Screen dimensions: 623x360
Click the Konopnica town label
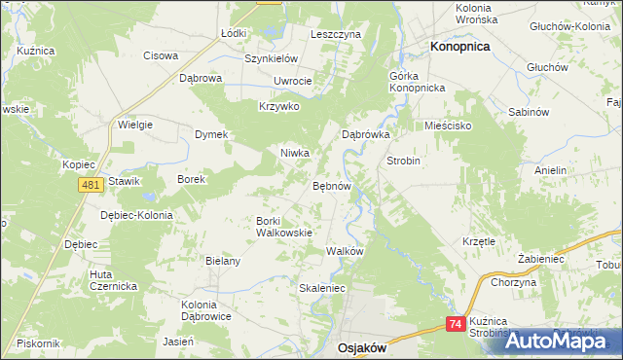[460, 46]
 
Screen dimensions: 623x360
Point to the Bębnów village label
[331, 185]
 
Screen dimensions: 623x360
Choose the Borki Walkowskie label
[283, 227]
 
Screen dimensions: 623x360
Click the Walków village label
[345, 251]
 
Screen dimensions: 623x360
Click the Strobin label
[403, 161]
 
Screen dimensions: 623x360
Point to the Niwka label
[295, 153]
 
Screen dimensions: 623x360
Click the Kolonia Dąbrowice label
[205, 310]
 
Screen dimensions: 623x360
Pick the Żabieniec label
[541, 259]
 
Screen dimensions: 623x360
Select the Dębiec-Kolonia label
[136, 215]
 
